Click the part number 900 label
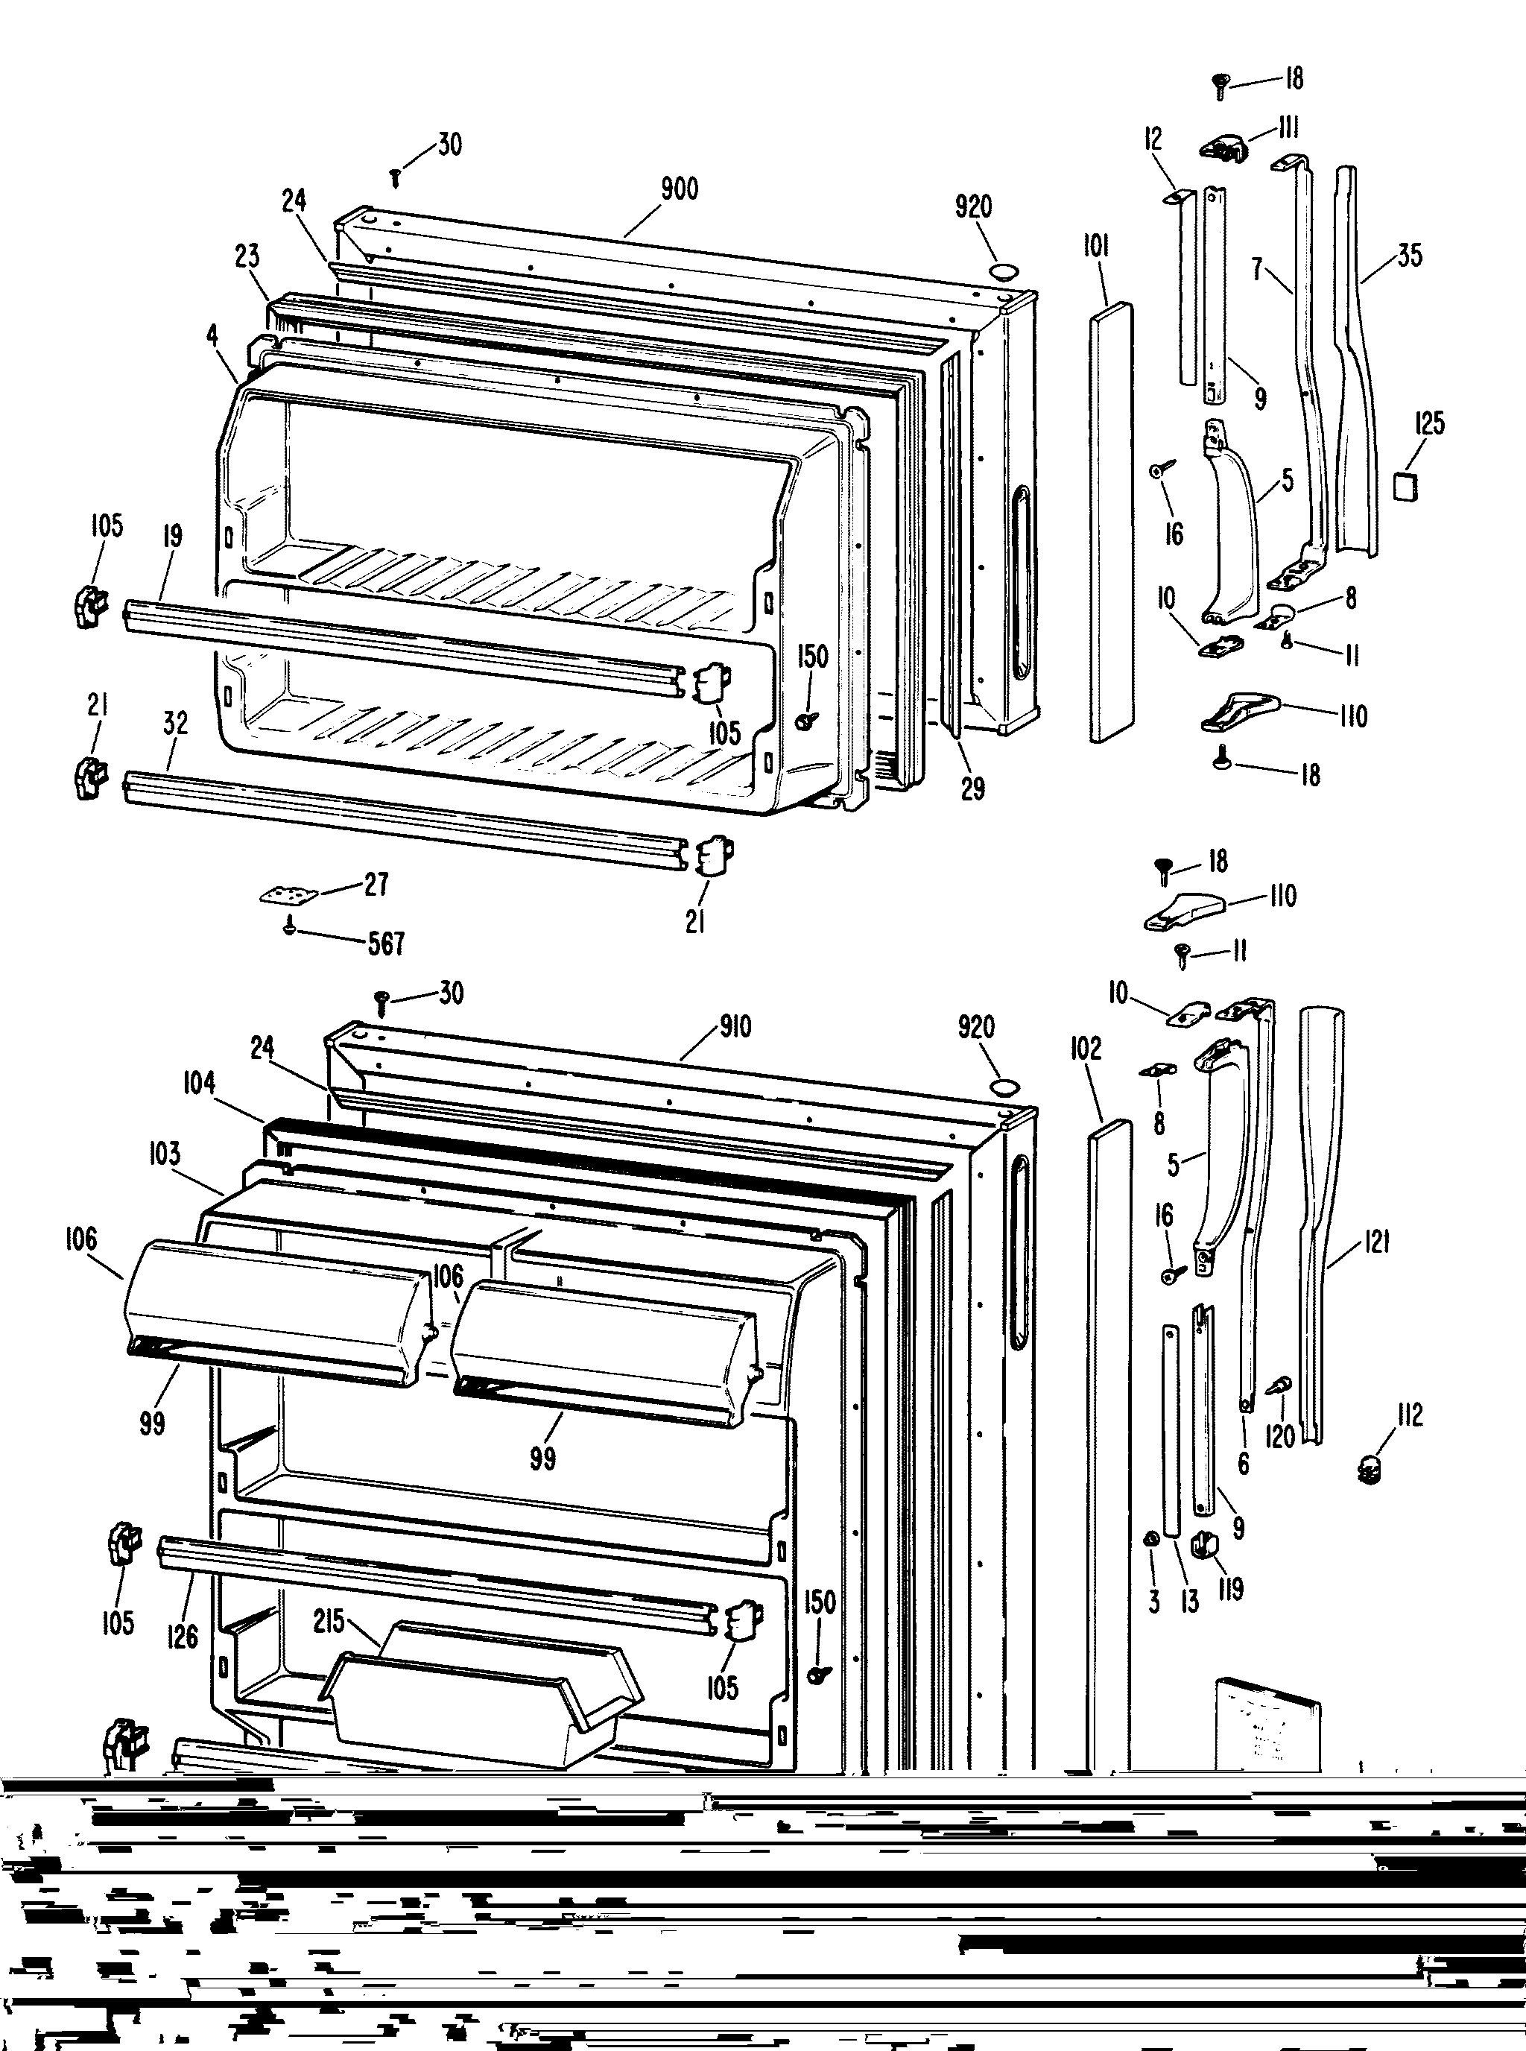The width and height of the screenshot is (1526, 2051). pyautogui.click(x=679, y=189)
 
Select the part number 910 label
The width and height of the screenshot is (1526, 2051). pyautogui.click(x=735, y=1027)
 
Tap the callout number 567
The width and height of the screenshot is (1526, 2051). pyautogui.click(x=386, y=944)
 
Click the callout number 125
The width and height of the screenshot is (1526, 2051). pyautogui.click(x=1429, y=424)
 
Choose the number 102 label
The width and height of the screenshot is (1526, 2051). pyautogui.click(x=1086, y=1049)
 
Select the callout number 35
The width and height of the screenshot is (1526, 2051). pyautogui.click(x=1410, y=255)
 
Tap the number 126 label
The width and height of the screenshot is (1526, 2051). pyautogui.click(x=183, y=1636)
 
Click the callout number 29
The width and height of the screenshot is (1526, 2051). pyautogui.click(x=972, y=788)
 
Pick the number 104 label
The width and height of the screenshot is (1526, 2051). pyautogui.click(x=199, y=1083)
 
